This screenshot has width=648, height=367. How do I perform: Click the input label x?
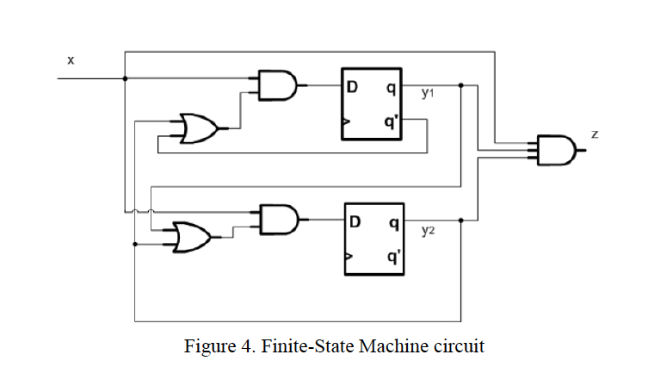71,59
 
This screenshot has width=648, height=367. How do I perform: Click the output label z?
595,134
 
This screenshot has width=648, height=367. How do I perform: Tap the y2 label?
428,230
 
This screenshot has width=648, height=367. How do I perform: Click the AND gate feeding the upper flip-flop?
278,85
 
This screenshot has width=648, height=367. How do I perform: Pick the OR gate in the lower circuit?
191,238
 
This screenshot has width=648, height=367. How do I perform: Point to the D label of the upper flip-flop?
353,86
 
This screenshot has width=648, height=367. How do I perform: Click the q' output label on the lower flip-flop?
392,256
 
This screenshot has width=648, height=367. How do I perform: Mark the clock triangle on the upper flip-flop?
346,123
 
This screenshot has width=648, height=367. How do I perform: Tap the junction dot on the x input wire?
127,78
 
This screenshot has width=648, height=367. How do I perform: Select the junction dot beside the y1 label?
462,85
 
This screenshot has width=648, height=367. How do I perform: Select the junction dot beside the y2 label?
462,221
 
